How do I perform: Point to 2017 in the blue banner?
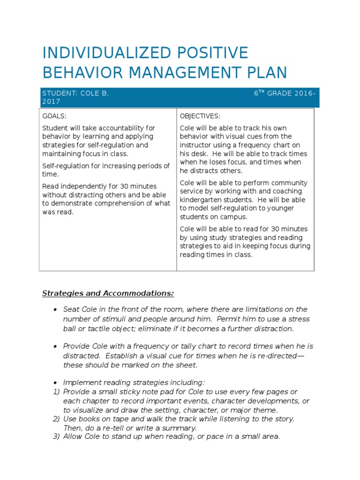[51, 101]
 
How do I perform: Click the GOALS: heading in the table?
[54, 116]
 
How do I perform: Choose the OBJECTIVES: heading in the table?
[200, 116]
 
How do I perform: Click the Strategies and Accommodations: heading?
[108, 293]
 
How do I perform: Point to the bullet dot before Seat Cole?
[55, 310]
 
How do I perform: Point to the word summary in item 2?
[182, 428]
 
